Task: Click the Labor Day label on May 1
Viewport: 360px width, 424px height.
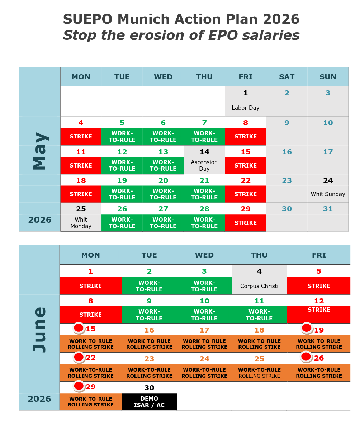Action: coord(245,108)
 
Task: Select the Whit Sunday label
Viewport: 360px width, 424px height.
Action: coord(328,194)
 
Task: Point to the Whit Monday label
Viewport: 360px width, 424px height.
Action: coord(81,223)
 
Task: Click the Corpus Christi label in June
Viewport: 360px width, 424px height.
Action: coord(259,286)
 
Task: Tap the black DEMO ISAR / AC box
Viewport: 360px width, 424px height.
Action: coord(149,402)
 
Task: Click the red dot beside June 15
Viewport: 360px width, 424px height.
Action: coord(79,328)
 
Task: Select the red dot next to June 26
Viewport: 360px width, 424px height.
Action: coord(306,357)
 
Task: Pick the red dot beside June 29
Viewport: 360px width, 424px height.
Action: coord(79,386)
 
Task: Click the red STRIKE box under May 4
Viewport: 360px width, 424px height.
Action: coord(81,137)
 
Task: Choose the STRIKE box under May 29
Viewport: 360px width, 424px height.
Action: coord(245,223)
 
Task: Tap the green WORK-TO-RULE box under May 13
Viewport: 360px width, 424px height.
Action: coord(163,165)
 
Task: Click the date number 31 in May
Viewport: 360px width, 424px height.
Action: coord(328,209)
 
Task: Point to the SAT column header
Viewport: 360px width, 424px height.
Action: coord(287,77)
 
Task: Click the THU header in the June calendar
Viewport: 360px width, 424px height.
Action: coord(259,255)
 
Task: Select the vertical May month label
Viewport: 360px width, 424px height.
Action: coord(40,151)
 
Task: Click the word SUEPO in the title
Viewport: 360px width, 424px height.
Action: coord(87,19)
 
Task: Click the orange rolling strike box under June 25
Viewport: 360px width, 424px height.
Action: coord(259,373)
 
